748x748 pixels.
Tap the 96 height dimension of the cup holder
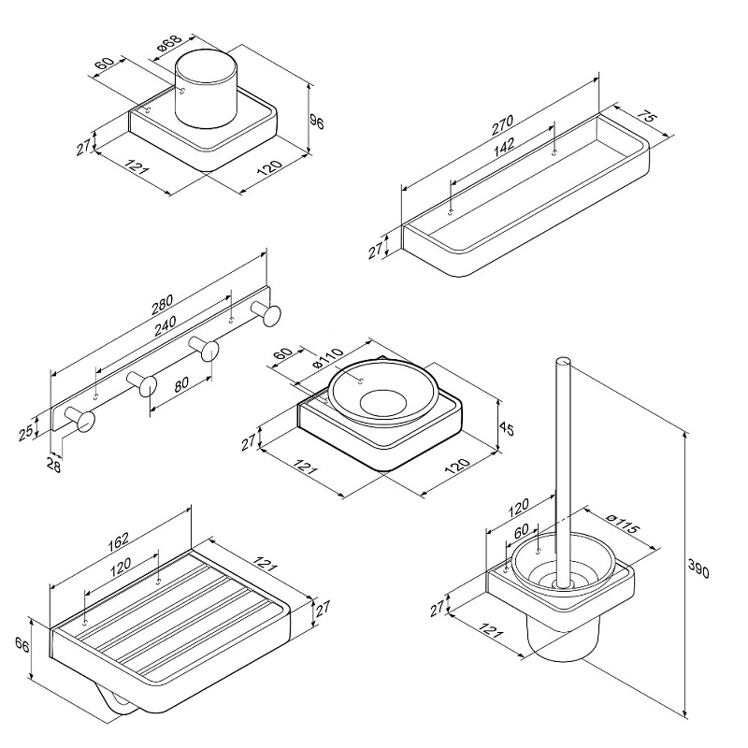point(316,122)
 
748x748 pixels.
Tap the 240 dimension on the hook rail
point(165,325)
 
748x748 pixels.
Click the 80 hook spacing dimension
point(181,384)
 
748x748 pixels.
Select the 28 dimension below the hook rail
point(55,465)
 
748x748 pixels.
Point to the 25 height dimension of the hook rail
point(26,430)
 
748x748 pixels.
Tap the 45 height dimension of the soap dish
point(508,429)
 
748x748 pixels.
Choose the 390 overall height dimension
point(698,568)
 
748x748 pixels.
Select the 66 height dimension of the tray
point(22,646)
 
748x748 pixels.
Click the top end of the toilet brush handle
point(563,363)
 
